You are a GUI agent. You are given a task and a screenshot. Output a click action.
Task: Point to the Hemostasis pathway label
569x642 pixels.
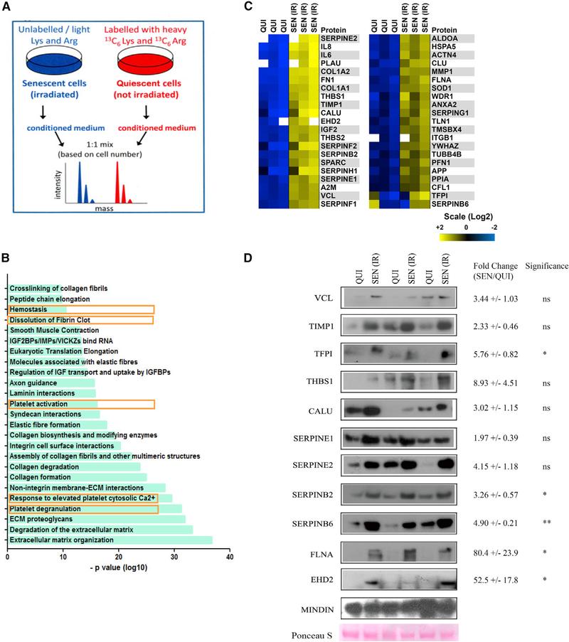28,309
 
